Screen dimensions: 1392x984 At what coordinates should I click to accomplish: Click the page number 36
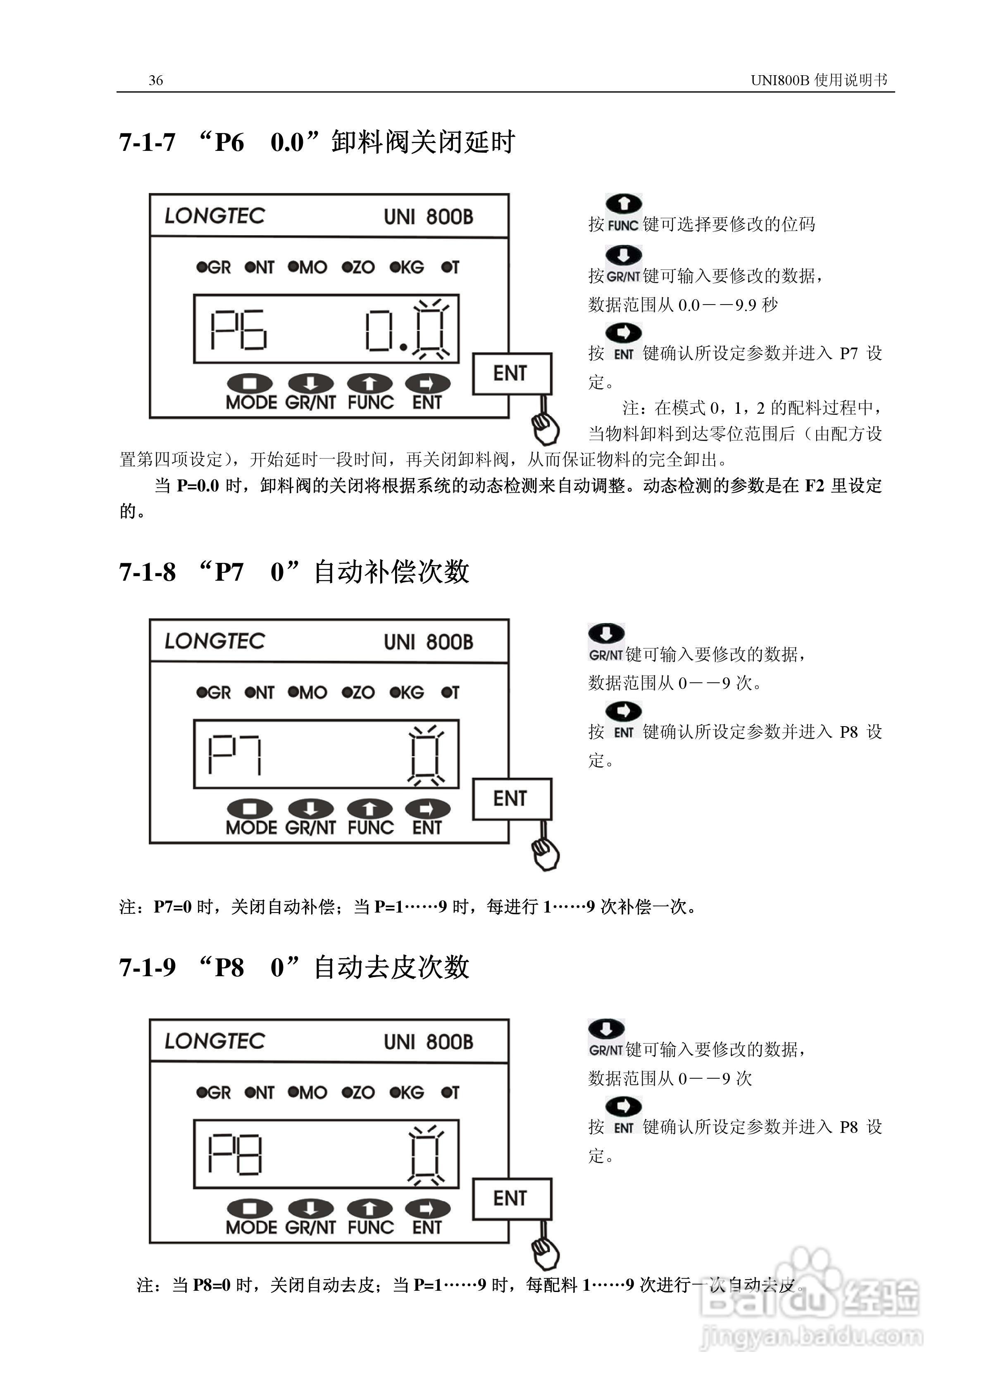tap(156, 80)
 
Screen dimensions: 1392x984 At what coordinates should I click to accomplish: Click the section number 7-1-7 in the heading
tap(147, 143)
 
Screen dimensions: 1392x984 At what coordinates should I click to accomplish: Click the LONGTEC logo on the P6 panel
tap(214, 216)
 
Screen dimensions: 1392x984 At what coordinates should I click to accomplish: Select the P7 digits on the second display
tap(235, 754)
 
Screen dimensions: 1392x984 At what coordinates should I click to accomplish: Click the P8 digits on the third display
tap(235, 1154)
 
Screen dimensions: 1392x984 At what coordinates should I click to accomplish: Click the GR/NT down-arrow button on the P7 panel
tap(310, 809)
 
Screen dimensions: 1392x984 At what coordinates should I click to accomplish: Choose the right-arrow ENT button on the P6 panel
tap(427, 384)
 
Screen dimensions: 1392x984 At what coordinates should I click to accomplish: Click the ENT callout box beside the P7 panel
tap(511, 798)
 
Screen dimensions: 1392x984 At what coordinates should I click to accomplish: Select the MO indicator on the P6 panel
tap(307, 267)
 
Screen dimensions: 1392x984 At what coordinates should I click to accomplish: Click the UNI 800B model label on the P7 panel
tap(428, 642)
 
